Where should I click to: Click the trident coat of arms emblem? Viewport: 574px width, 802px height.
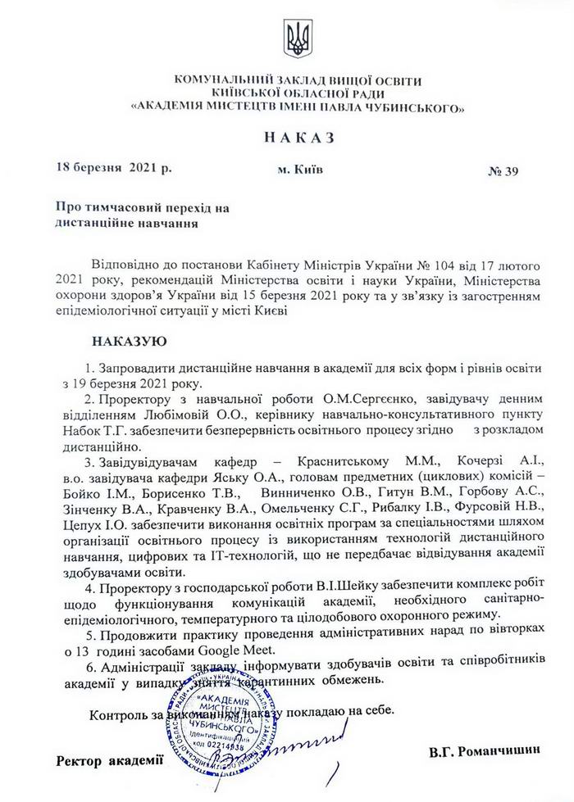(x=296, y=37)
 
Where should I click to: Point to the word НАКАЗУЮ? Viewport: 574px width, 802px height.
(x=130, y=339)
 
